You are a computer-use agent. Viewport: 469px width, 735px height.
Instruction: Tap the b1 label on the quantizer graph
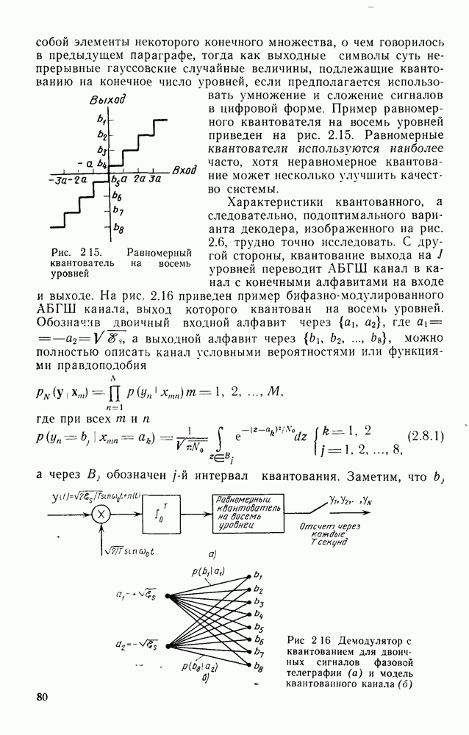click(101, 119)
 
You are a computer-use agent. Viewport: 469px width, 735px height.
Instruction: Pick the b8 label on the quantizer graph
click(118, 229)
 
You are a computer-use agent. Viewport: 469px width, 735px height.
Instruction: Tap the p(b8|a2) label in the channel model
click(198, 667)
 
